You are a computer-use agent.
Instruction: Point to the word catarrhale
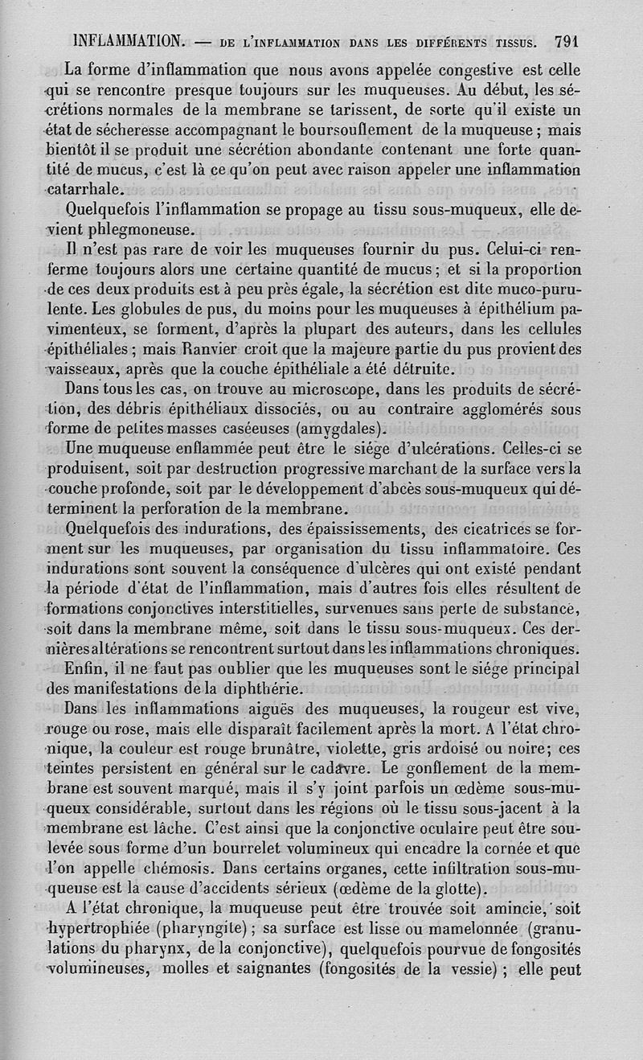click(x=85, y=191)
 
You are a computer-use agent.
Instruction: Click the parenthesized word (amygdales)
click(x=329, y=428)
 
